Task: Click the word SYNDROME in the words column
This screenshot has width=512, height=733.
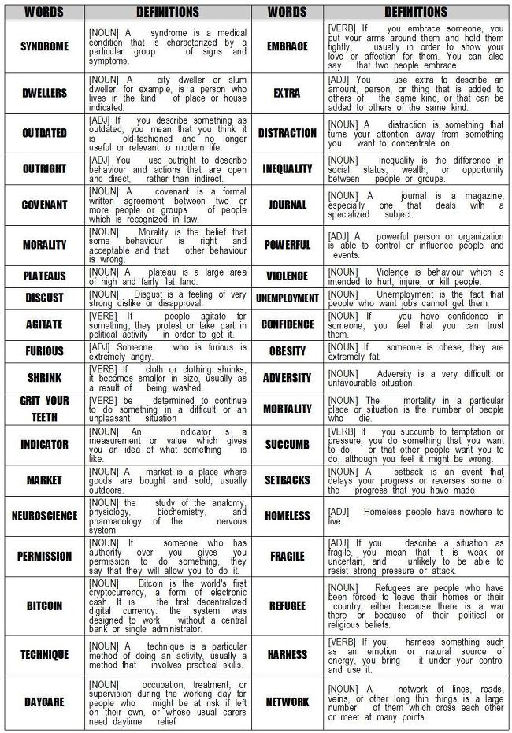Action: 44,46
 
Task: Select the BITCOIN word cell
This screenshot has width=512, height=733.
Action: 44,606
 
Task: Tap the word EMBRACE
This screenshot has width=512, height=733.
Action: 287,46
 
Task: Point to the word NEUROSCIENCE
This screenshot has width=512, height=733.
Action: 44,516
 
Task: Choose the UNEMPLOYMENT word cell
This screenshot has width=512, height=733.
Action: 287,298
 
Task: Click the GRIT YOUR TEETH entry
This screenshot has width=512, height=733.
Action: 44,409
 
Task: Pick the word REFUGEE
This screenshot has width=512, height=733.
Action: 287,606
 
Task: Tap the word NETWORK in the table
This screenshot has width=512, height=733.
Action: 287,702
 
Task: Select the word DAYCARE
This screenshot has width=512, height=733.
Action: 44,702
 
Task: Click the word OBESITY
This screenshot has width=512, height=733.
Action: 287,351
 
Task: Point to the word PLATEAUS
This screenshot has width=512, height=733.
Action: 44,276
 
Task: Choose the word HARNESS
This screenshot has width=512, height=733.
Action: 287,654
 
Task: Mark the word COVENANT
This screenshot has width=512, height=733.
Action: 44,204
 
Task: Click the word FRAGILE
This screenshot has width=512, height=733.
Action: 287,556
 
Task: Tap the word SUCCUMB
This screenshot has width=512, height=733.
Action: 287,445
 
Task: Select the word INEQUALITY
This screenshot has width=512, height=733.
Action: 287,168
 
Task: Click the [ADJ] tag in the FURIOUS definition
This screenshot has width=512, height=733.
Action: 102,346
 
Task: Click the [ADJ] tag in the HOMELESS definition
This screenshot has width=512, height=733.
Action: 339,511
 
